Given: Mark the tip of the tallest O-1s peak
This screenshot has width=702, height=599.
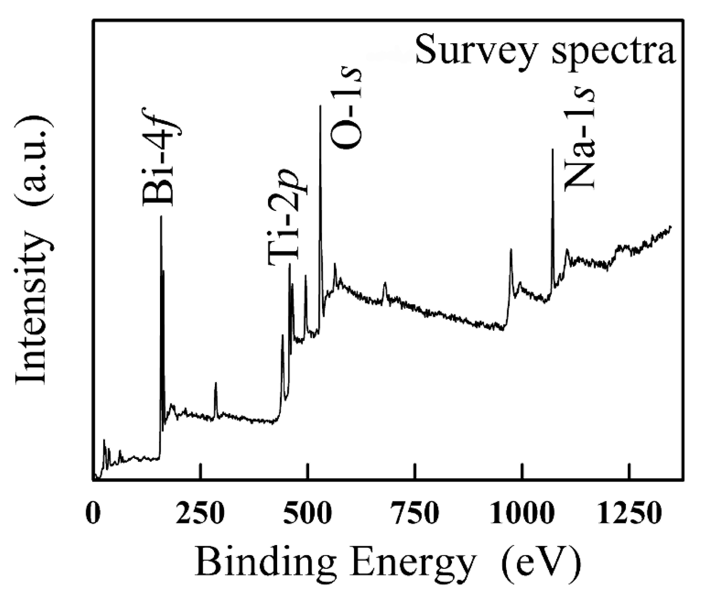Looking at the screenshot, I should click(320, 106).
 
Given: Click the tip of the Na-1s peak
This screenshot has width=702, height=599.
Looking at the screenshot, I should click(552, 149).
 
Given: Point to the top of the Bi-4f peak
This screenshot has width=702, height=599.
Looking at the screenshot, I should click(161, 217).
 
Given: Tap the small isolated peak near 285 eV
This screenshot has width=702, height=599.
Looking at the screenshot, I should click(216, 383).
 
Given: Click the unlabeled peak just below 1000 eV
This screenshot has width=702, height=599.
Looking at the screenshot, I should click(511, 250).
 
